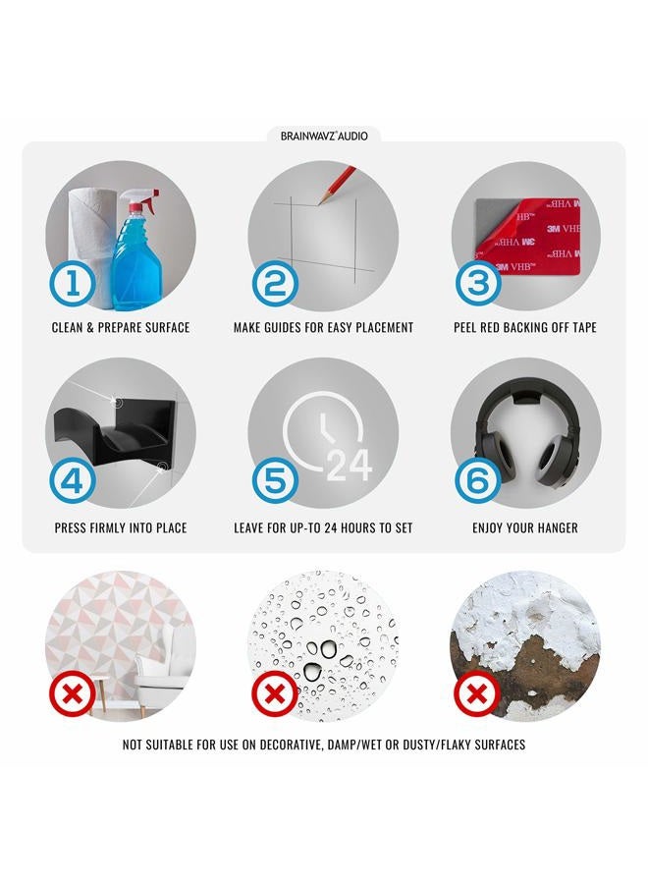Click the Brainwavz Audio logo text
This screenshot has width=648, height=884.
point(324,136)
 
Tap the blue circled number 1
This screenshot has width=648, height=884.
point(72,285)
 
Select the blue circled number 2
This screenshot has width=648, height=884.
point(275,285)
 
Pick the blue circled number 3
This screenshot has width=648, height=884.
point(478,285)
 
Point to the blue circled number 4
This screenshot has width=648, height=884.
point(72,482)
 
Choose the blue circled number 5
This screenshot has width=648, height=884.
point(275,482)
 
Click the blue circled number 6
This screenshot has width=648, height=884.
point(478,482)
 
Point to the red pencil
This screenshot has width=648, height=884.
point(337,185)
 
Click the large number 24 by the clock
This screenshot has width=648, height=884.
point(350,466)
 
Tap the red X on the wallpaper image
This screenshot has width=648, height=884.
point(72,694)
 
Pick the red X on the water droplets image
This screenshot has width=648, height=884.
point(275,694)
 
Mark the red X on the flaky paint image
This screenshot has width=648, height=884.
point(478,694)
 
